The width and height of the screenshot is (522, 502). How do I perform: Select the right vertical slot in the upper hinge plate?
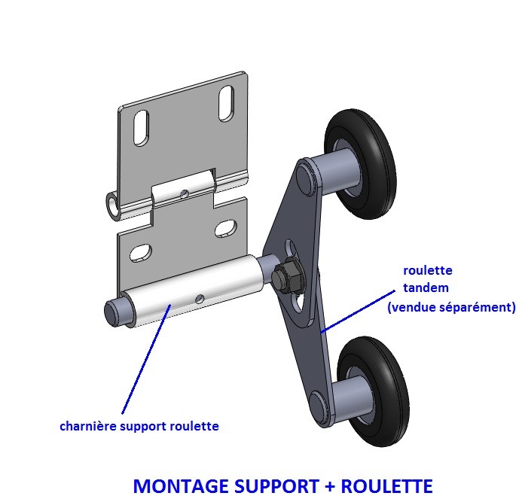[x=225, y=103]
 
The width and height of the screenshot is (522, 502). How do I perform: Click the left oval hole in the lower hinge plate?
[x=140, y=252]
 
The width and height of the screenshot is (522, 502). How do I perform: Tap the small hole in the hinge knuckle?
[x=185, y=194]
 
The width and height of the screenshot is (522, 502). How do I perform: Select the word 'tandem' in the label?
[x=426, y=288]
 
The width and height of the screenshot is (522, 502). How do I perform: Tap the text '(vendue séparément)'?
[x=451, y=307]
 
